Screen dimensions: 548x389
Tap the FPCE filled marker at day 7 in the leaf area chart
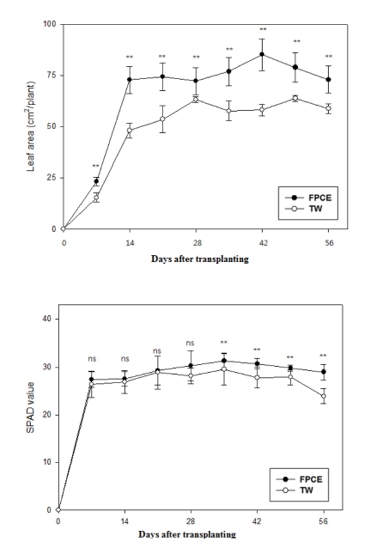click(96, 181)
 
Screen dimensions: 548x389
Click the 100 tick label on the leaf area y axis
click(48, 24)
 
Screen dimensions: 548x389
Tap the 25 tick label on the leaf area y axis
click(51, 178)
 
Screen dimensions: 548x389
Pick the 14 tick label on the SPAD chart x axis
click(125, 521)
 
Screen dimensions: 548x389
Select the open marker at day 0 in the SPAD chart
click(58, 509)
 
